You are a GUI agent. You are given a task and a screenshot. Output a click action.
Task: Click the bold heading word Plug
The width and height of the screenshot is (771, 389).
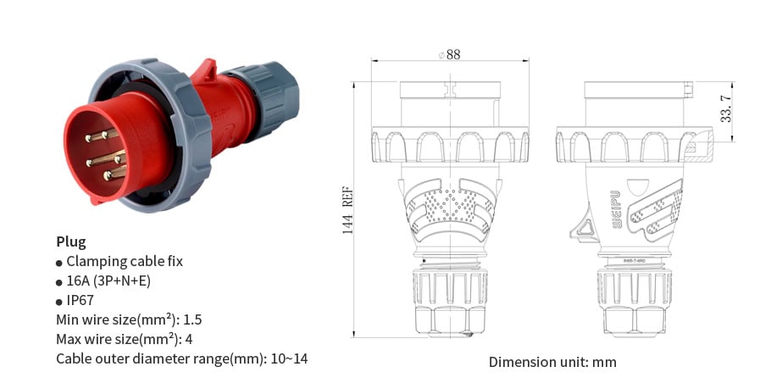pyautogui.click(x=70, y=242)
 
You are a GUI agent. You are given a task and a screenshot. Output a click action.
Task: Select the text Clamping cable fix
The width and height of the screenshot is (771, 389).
pyautogui.click(x=124, y=261)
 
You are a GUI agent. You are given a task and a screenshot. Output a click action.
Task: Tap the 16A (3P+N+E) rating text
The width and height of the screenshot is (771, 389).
pyautogui.click(x=108, y=281)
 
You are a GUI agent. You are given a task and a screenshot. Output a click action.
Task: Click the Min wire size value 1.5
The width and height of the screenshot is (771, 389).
pyautogui.click(x=192, y=320)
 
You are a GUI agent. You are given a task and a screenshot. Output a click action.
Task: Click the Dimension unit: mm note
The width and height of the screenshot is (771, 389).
pyautogui.click(x=552, y=362)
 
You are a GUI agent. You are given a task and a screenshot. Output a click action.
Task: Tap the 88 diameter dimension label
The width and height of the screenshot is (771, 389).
pyautogui.click(x=451, y=54)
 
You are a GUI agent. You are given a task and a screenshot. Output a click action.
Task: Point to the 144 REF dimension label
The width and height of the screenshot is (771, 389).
pyautogui.click(x=348, y=212)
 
